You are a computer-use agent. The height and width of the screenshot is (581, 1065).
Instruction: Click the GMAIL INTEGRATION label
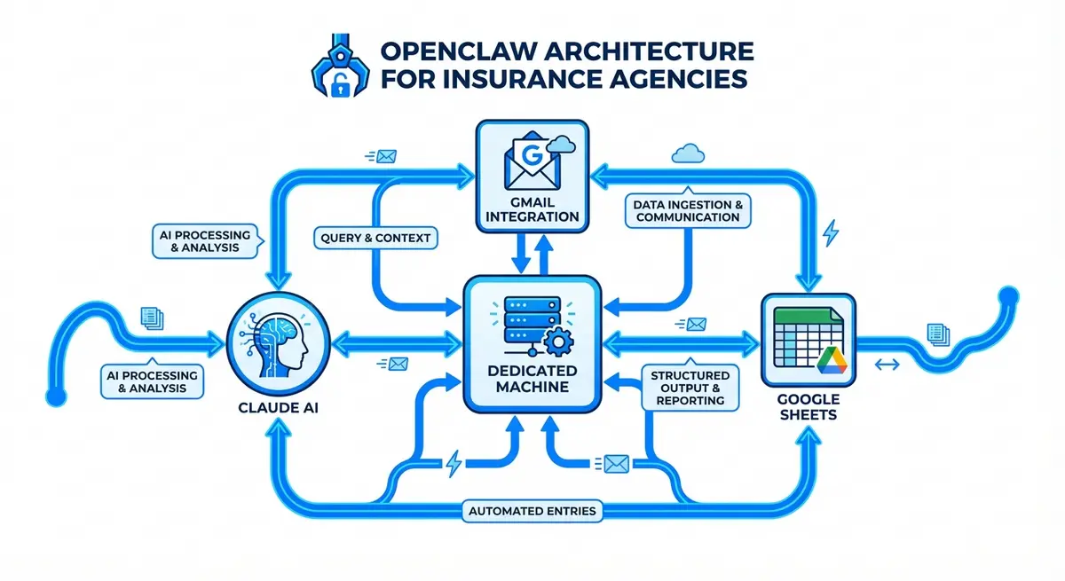(x=532, y=208)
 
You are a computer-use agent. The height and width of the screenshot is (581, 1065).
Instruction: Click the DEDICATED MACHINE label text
(x=533, y=379)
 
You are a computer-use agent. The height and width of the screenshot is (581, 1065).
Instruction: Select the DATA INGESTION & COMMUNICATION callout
(x=688, y=210)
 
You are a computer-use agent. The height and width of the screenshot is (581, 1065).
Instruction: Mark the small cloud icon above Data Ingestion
(x=689, y=154)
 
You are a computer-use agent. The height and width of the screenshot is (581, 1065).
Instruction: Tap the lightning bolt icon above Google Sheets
(x=831, y=234)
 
